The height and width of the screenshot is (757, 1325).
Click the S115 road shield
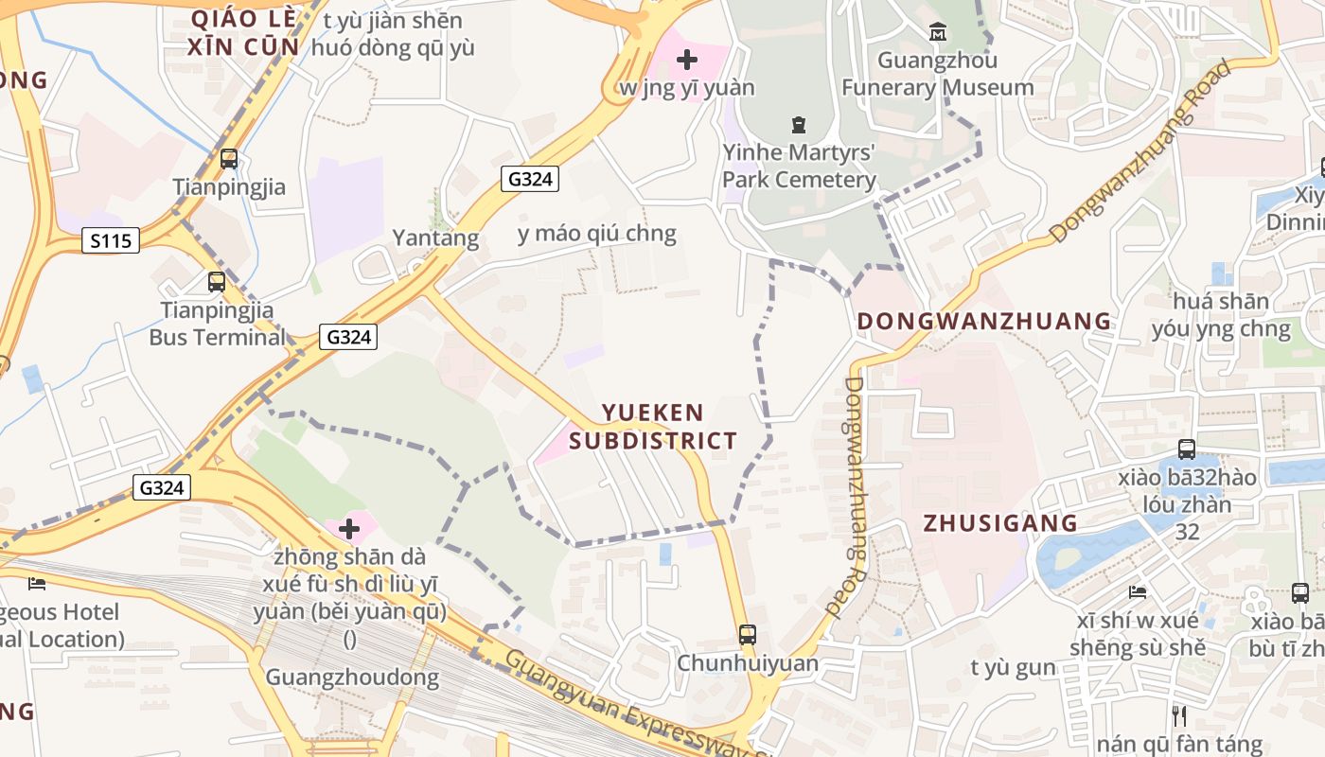tap(111, 241)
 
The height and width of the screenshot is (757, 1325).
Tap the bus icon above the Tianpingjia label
tap(228, 159)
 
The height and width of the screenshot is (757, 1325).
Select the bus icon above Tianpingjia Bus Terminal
tap(217, 281)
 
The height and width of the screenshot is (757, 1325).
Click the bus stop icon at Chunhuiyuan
tap(748, 634)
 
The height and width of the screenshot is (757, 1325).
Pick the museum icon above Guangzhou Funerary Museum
tap(938, 33)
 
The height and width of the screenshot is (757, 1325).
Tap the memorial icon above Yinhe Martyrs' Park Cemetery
tap(799, 124)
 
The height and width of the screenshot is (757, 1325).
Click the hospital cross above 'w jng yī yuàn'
tap(687, 60)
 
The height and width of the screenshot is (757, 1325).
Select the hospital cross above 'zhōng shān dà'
tap(349, 528)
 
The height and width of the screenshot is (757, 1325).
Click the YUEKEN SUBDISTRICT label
tap(654, 427)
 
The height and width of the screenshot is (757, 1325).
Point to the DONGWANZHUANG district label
tap(984, 321)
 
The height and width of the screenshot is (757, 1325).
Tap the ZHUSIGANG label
tap(1000, 523)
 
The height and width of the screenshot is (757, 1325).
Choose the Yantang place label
tap(436, 238)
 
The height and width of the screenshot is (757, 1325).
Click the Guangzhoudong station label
tap(352, 678)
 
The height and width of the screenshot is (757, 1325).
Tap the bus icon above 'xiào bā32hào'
tap(1187, 449)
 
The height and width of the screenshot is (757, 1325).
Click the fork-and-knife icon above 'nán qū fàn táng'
tap(1179, 715)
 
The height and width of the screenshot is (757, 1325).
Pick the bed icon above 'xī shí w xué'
tap(1138, 592)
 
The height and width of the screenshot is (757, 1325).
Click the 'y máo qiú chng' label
tap(597, 234)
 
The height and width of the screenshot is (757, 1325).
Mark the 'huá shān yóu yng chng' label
tap(1221, 315)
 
